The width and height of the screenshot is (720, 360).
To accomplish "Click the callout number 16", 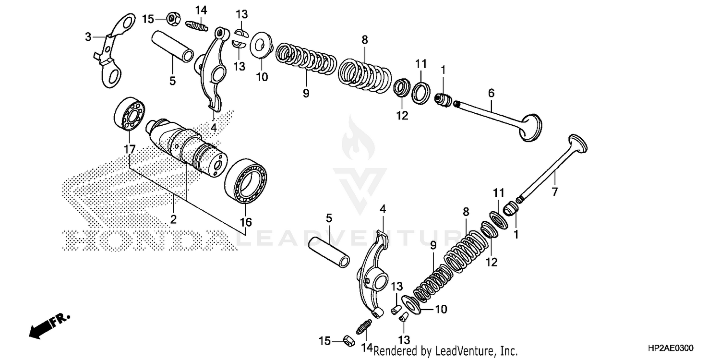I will [x=246, y=222].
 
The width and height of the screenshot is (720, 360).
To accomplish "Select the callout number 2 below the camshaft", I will [x=173, y=219].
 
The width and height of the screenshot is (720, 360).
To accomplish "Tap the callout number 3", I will [x=88, y=36].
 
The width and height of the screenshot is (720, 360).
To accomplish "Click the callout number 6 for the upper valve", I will [x=491, y=93].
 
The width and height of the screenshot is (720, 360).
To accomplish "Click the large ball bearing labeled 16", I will [x=246, y=181].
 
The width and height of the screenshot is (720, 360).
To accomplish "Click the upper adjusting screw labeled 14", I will [x=195, y=24].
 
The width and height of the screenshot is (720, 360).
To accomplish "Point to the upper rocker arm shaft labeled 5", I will [x=173, y=48].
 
